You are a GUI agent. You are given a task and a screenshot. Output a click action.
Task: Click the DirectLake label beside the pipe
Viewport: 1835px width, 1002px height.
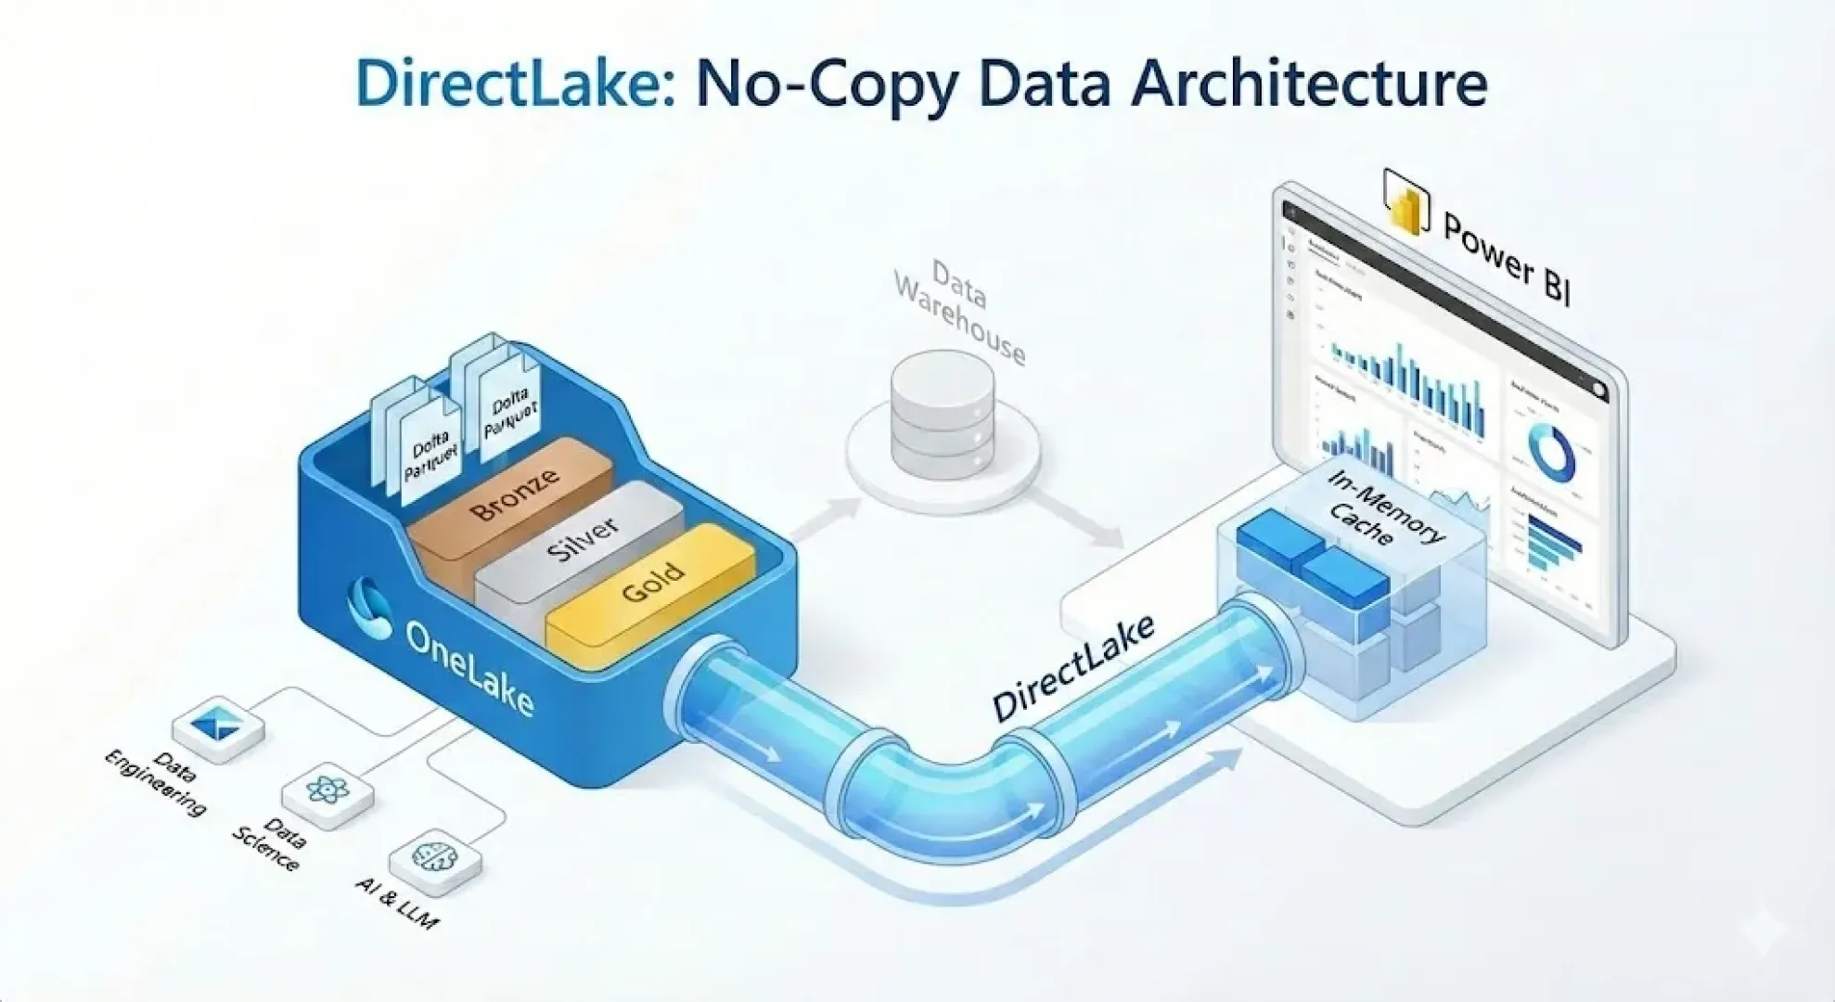[x=1074, y=668]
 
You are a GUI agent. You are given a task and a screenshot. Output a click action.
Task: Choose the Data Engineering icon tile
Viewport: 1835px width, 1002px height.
[x=218, y=726]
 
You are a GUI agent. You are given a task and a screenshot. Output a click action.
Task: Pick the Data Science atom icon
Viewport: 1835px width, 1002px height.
[x=327, y=790]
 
